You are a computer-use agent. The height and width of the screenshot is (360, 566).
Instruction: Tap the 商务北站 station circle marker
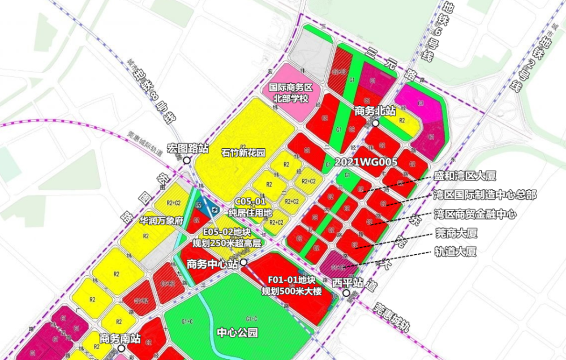pyautogui.click(x=375, y=122)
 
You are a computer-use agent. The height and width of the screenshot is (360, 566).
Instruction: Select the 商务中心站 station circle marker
pyautogui.click(x=243, y=263)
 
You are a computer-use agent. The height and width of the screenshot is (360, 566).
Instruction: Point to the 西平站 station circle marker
pyautogui.click(x=346, y=294)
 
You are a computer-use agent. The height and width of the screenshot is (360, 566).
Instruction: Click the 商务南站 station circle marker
pyautogui.click(x=121, y=349)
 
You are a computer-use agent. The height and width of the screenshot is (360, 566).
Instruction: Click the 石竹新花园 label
pyautogui.click(x=243, y=152)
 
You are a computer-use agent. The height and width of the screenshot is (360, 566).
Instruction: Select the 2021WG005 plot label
pyautogui.click(x=366, y=162)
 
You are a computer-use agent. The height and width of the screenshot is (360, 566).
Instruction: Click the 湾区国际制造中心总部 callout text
pyautogui.click(x=484, y=195)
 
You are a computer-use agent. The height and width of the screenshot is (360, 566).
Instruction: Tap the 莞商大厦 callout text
pyautogui.click(x=456, y=233)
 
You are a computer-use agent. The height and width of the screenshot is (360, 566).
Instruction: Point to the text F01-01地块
pyautogui.click(x=291, y=280)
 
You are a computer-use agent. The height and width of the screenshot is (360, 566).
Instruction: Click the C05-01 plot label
pyautogui.click(x=250, y=202)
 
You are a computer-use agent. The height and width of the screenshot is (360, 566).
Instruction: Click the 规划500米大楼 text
pyautogui.click(x=291, y=292)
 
